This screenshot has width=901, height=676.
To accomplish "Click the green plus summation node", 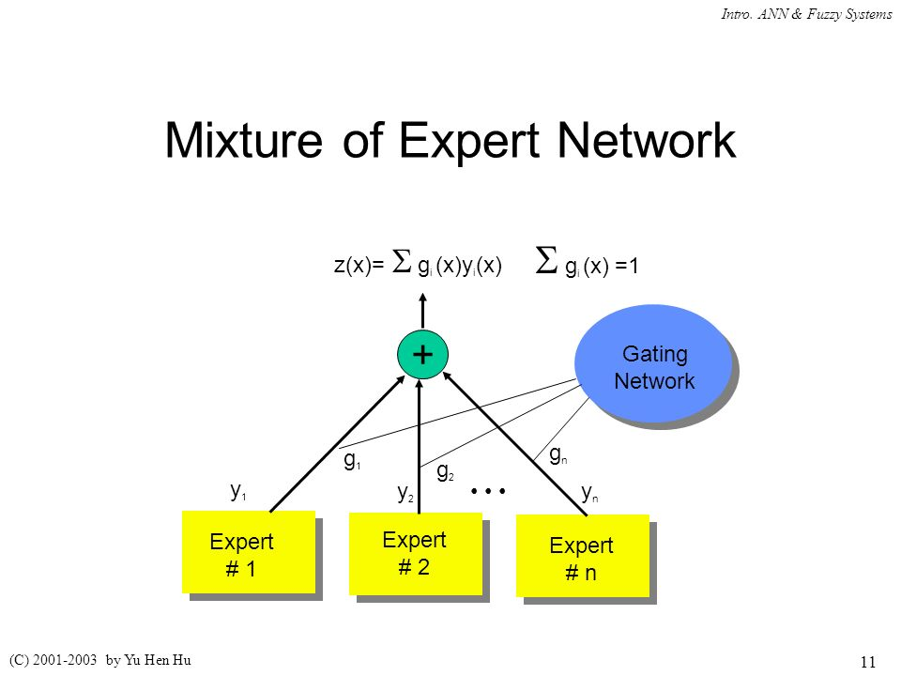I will (x=422, y=354).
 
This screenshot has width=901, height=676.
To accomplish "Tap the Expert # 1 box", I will (x=248, y=552).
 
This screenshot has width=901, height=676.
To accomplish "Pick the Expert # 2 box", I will (x=415, y=553).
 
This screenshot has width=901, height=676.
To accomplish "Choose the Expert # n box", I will (x=582, y=557).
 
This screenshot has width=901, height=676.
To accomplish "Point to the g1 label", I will (x=353, y=461).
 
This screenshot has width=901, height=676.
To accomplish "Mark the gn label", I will (x=557, y=455).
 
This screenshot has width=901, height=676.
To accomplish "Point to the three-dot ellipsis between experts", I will (x=489, y=491).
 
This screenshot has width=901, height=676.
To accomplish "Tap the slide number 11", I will (x=867, y=661).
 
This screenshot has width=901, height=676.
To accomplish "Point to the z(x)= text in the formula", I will (x=359, y=266).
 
